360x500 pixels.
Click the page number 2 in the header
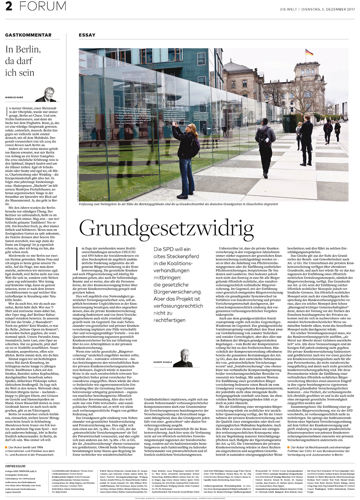pos(9,6)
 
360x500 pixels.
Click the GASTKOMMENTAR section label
pos(28,35)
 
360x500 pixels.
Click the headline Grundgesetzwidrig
pos(161,227)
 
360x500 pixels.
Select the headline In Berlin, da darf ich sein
pos(22,61)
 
